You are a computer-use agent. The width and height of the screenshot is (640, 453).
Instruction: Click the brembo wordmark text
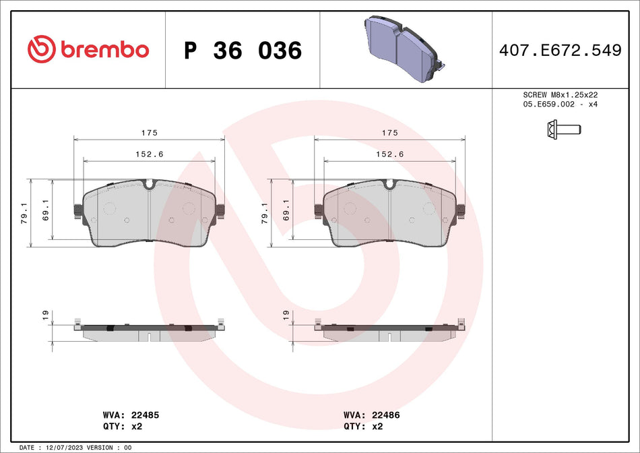pyautogui.click(x=104, y=50)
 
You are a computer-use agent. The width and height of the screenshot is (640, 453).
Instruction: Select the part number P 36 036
pyautogui.click(x=243, y=51)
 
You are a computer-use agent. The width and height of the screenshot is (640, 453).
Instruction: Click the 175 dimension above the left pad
pyautogui.click(x=149, y=133)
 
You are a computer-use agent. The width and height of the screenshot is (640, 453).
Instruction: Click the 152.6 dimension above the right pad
pyautogui.click(x=389, y=154)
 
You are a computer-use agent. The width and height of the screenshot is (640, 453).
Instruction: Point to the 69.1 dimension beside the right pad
pyautogui.click(x=286, y=210)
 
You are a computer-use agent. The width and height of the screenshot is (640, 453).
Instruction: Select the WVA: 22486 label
pyautogui.click(x=371, y=415)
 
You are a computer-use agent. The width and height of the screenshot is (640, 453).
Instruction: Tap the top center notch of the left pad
pyautogui.click(x=149, y=184)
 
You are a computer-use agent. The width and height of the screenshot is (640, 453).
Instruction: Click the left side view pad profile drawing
pyautogui.click(x=149, y=330)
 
